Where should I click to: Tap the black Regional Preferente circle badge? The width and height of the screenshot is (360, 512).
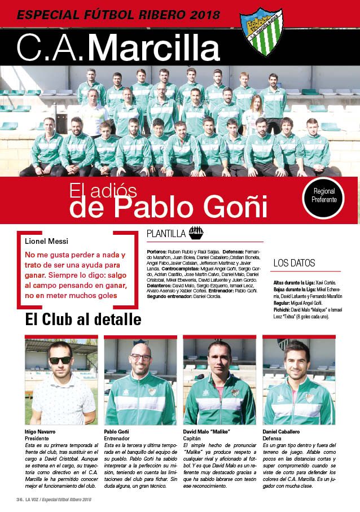click(x=323, y=196)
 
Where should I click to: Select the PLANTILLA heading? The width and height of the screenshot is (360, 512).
click(x=166, y=233)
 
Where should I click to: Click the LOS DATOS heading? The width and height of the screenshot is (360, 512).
click(x=294, y=263)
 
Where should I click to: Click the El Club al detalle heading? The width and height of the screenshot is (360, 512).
click(x=83, y=320)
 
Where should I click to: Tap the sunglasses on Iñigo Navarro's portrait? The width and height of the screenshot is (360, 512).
click(x=60, y=360)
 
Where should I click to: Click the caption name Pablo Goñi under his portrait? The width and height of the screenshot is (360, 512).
click(x=117, y=432)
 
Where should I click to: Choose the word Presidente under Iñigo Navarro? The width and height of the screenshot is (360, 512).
click(x=37, y=438)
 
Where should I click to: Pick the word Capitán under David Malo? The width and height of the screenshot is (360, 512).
click(x=193, y=438)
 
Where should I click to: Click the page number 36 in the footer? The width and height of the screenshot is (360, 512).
click(x=19, y=500)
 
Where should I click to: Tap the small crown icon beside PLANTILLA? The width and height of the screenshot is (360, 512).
click(x=196, y=231)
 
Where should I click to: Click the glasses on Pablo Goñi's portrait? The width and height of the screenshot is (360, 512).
click(x=141, y=357)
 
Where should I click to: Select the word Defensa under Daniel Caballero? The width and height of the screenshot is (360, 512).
click(x=273, y=438)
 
